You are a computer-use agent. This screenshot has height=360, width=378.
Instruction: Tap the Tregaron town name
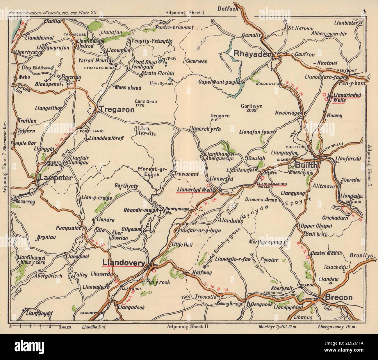pyautogui.click(x=117, y=110)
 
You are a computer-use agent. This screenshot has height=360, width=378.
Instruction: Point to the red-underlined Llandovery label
pyautogui.click(x=123, y=263)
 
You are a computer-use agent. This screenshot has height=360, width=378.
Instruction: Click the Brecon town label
pyautogui.click(x=339, y=297)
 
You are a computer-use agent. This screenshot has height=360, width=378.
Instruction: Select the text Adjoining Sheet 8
pyautogui.click(x=188, y=326)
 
